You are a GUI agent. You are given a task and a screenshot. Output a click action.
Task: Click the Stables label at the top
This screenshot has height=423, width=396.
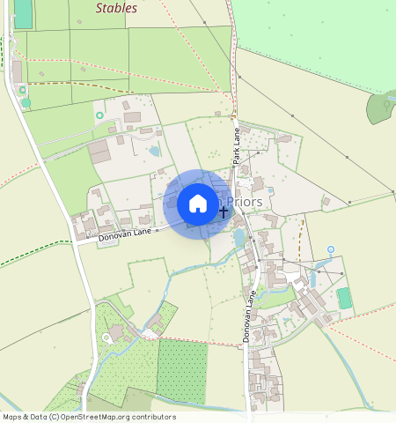[116, 8]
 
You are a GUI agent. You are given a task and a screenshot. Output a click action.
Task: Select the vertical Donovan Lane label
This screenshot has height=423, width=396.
[248, 317]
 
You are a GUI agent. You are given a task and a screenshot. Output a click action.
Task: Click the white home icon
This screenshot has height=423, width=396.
[198, 204]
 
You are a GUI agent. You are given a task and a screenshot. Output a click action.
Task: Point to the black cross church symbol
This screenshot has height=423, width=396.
[224, 211]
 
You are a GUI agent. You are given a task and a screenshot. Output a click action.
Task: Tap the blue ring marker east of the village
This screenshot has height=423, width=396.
[330, 250]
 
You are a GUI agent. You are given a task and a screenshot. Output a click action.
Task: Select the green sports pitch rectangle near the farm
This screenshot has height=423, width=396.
[344, 299]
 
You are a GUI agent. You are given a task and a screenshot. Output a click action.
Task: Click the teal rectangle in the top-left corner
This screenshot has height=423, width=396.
[23, 13]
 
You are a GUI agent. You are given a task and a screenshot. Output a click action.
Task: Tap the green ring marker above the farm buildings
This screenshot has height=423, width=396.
[99, 115]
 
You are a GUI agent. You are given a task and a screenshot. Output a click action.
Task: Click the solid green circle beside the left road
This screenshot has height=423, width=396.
[26, 102]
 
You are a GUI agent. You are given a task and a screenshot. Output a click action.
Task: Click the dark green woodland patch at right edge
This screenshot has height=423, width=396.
[381, 107]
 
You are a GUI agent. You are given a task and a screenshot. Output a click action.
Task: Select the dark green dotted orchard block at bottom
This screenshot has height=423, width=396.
[181, 371]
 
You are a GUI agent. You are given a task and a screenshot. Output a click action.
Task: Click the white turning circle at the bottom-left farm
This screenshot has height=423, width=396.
[107, 337]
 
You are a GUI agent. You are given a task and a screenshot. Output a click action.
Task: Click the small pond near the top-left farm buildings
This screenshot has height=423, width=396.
[155, 151]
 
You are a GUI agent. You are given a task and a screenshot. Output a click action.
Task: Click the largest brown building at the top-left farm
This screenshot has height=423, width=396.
[99, 153]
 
